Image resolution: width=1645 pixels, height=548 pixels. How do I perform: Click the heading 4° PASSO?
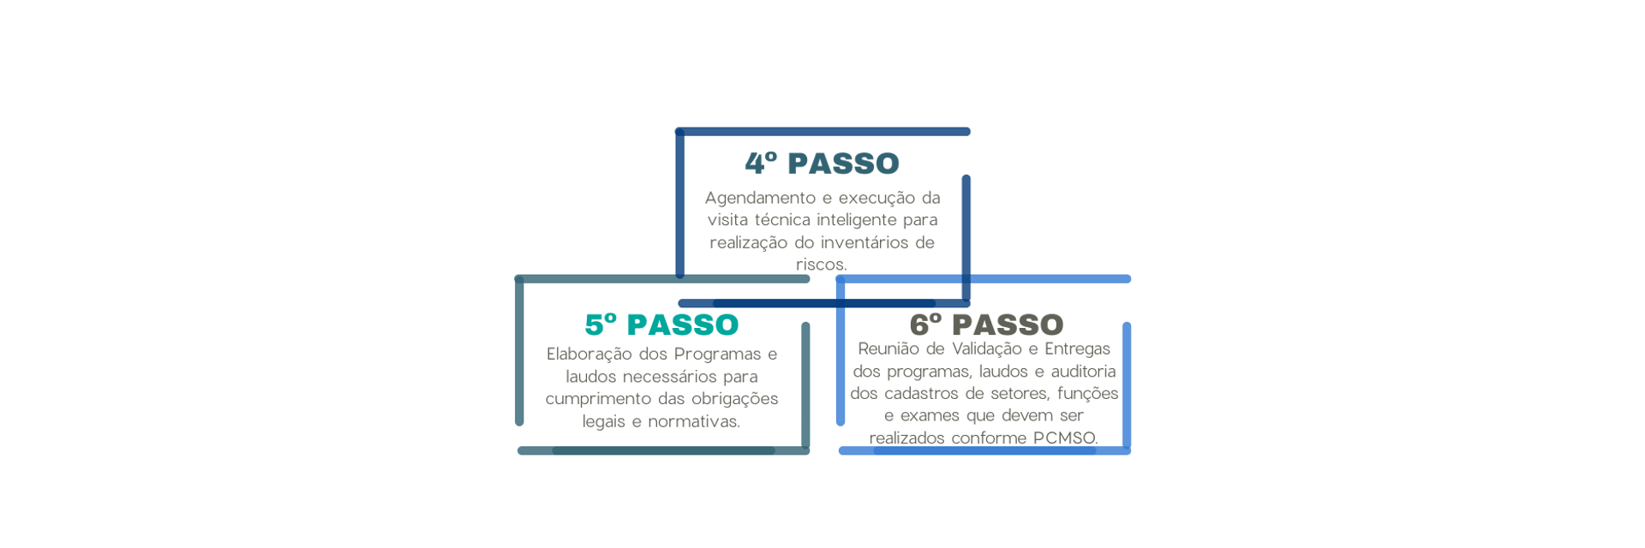click(822, 164)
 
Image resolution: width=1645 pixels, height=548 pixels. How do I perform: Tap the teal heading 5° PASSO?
click(661, 325)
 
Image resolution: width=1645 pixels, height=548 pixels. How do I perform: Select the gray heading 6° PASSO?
click(986, 325)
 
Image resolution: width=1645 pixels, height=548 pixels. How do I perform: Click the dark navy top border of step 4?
click(822, 132)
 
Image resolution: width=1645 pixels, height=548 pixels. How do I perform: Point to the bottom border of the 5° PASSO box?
click(663, 450)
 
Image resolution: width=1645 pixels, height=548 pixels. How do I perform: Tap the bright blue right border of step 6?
click(1127, 385)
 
